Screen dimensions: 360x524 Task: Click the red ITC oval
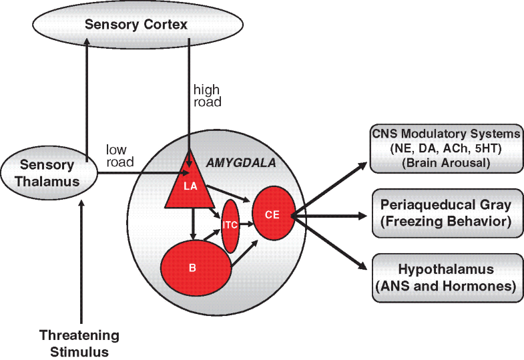230,225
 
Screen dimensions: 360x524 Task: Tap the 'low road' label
120,154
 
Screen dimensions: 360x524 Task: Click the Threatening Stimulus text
79,341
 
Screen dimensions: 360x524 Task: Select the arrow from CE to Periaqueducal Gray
330,216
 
